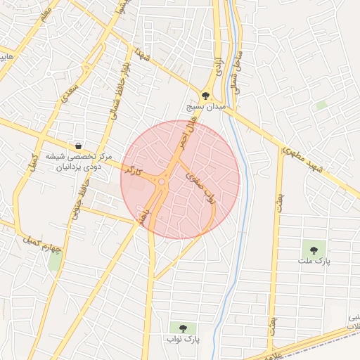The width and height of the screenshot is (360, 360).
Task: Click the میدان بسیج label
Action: coord(205,107)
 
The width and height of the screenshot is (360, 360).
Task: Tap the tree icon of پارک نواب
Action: coord(184,328)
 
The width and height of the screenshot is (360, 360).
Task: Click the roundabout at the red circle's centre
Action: coord(162,181)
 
